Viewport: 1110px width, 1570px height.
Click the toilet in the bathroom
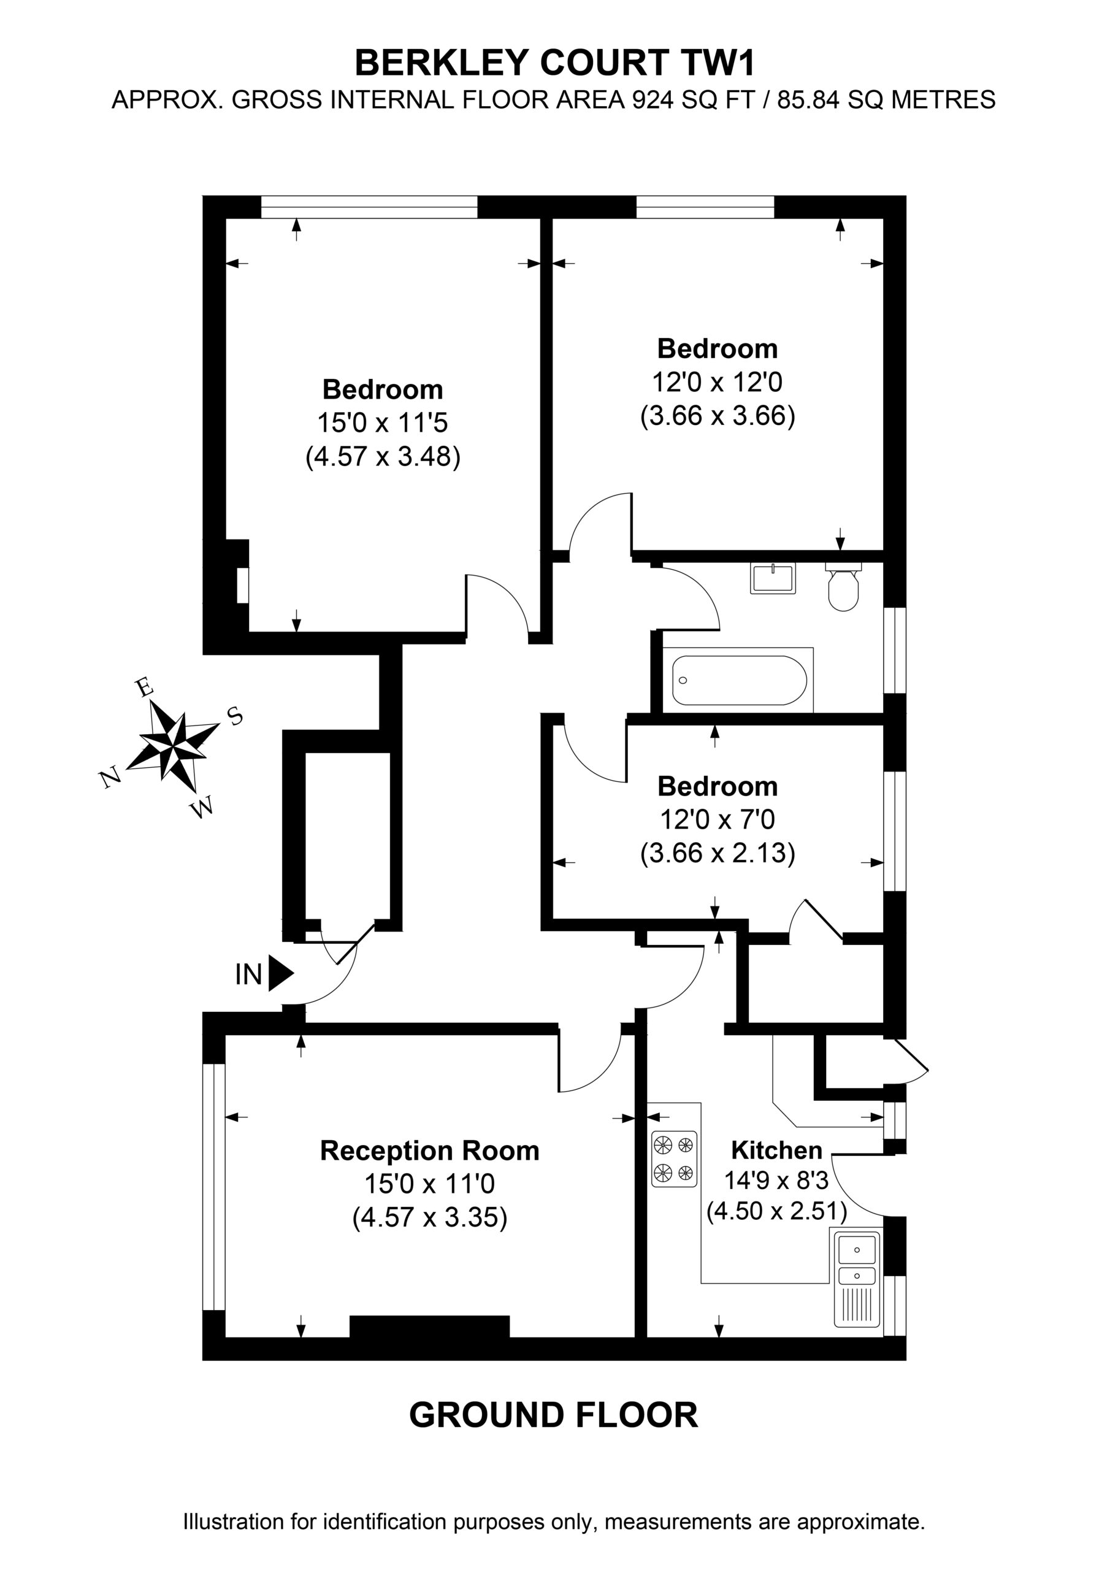pyautogui.click(x=843, y=587)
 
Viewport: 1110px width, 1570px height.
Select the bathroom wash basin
pyautogui.click(x=773, y=578)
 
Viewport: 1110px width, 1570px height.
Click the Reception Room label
pyautogui.click(x=429, y=1151)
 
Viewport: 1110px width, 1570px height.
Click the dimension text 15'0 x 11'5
pyautogui.click(x=382, y=423)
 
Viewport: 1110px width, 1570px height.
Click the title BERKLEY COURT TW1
pyautogui.click(x=554, y=63)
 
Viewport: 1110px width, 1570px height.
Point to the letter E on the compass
pyautogui.click(x=143, y=687)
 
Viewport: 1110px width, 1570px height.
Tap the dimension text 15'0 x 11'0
pyautogui.click(x=429, y=1183)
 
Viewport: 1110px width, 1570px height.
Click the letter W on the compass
pyautogui.click(x=202, y=808)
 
